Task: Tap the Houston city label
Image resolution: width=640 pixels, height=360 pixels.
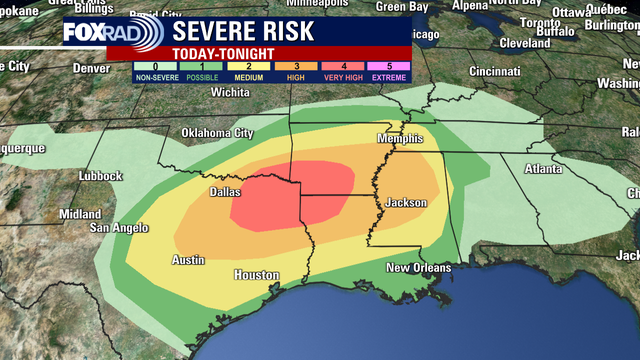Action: pos(255,274)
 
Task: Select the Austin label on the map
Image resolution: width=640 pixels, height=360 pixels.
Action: pos(188,260)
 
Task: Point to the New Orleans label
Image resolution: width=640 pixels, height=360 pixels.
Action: pos(418,267)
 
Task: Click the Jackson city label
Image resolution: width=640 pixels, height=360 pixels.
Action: pos(406,203)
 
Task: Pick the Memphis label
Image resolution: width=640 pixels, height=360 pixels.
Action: pos(400,138)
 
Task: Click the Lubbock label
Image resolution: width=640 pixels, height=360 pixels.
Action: pos(100,176)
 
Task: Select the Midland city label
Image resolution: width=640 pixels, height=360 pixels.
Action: pos(79,214)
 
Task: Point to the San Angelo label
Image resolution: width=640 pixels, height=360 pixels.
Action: pos(119,228)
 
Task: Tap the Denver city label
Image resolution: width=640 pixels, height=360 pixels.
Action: pos(91,69)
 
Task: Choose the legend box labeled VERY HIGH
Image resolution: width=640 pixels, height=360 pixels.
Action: pos(342,71)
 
